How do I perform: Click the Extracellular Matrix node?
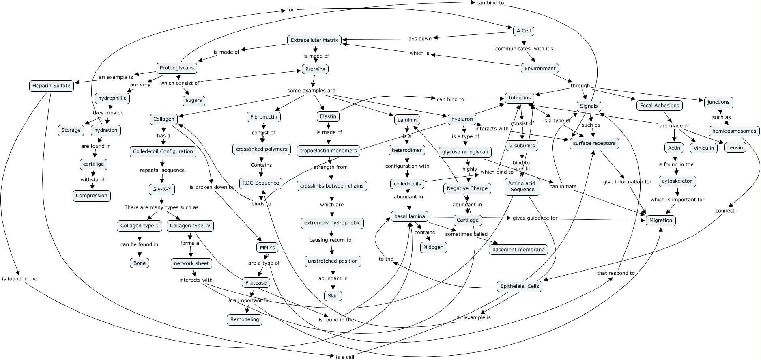pyautogui.click(x=314, y=40)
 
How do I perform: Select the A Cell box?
pyautogui.click(x=523, y=31)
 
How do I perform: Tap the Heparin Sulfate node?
pyautogui.click(x=52, y=86)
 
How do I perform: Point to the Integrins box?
pyautogui.click(x=519, y=98)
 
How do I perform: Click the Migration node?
pyautogui.click(x=660, y=220)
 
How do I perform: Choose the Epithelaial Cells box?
pyautogui.click(x=520, y=286)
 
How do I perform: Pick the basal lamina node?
pyautogui.click(x=410, y=216)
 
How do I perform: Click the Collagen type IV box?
pyautogui.click(x=190, y=226)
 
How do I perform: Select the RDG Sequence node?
pyautogui.click(x=261, y=183)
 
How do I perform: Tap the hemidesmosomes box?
pyautogui.click(x=734, y=131)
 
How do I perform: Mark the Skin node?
pyautogui.click(x=333, y=296)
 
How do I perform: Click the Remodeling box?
pyautogui.click(x=245, y=319)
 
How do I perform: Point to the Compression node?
pyautogui.click(x=92, y=196)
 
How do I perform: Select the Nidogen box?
pyautogui.click(x=434, y=247)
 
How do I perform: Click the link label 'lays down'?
pyautogui.click(x=419, y=39)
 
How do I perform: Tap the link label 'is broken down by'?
pyautogui.click(x=212, y=187)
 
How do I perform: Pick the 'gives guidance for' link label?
pyautogui.click(x=535, y=218)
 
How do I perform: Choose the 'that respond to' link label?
pyautogui.click(x=616, y=273)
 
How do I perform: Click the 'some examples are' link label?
pyautogui.click(x=312, y=91)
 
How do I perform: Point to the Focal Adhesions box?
pyautogui.click(x=659, y=106)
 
